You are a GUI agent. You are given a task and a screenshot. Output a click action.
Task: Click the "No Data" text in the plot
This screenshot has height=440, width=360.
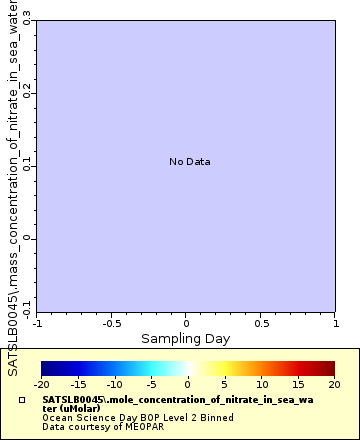189,161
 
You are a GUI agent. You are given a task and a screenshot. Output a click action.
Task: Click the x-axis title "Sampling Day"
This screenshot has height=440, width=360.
185,339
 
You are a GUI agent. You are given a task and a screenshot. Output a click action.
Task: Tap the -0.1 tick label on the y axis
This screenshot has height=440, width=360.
28,306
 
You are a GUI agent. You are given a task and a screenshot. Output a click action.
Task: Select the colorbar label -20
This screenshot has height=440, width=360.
41,383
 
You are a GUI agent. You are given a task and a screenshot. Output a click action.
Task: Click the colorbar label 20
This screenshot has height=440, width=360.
335,383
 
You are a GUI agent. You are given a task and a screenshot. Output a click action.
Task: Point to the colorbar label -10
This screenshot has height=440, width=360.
115,383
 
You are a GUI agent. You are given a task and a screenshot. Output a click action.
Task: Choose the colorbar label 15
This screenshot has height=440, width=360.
298,383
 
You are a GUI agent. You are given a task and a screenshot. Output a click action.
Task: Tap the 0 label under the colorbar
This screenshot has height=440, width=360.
188,383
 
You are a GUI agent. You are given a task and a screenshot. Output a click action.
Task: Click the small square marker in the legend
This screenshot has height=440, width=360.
22,398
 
